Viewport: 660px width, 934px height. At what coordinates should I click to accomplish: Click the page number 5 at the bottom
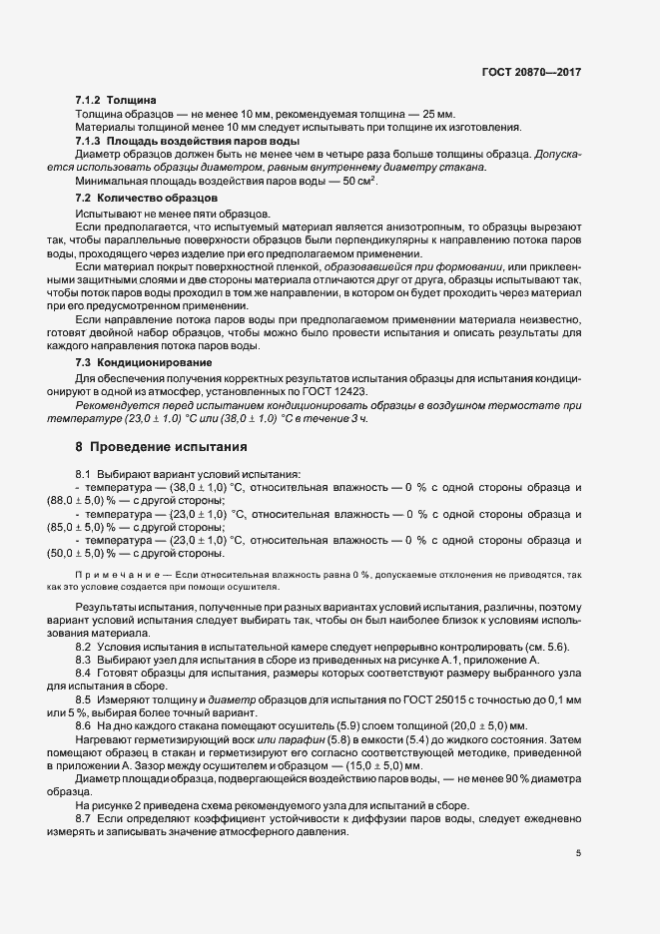point(578,853)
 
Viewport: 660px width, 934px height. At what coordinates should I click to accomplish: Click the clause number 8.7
point(84,817)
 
